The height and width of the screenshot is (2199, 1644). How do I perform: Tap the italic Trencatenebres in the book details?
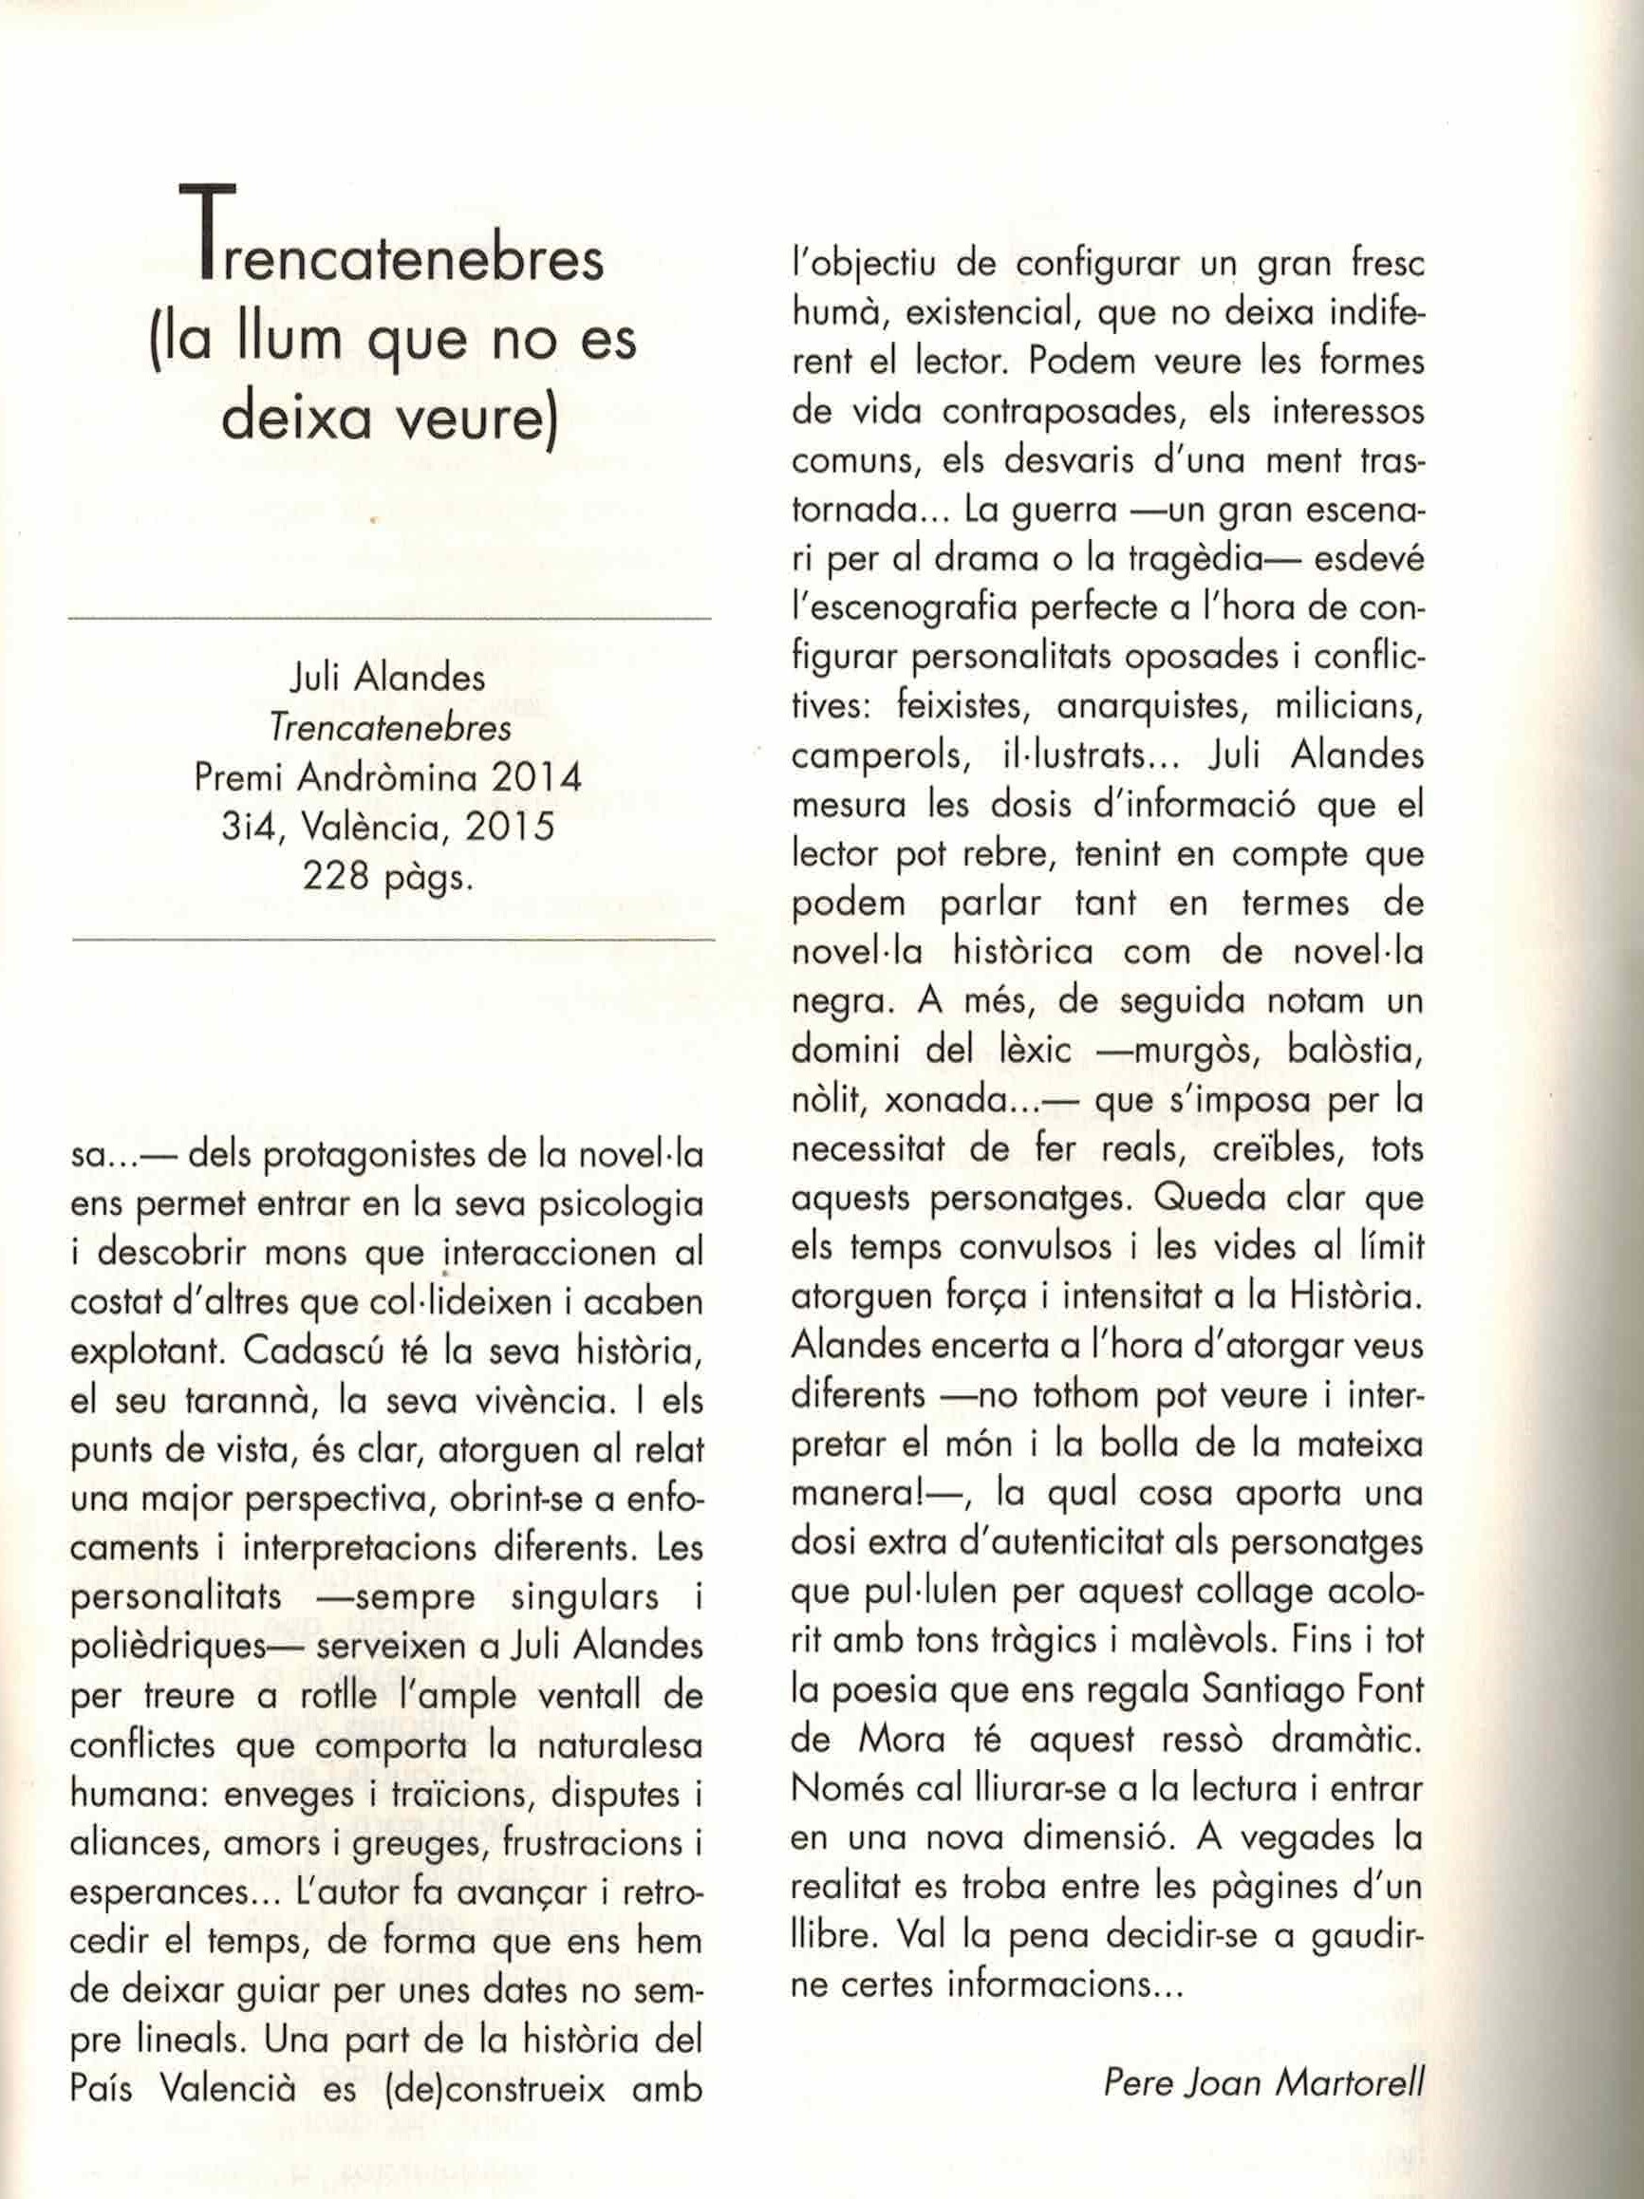[389, 729]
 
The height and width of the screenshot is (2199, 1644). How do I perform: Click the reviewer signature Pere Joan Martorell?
[1263, 2081]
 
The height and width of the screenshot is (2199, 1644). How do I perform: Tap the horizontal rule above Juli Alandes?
[389, 620]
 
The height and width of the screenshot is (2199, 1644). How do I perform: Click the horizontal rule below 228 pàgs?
[394, 938]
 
